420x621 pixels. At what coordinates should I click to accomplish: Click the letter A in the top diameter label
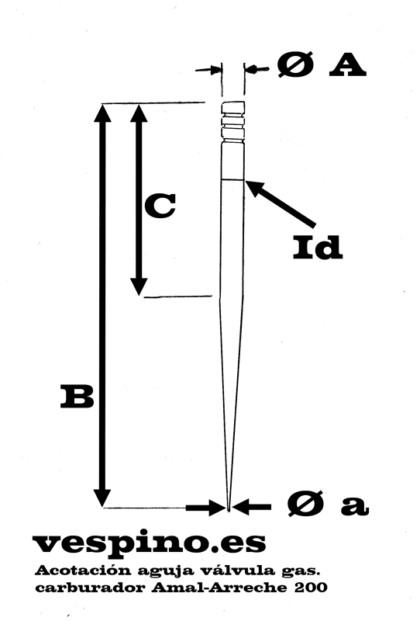pyautogui.click(x=348, y=65)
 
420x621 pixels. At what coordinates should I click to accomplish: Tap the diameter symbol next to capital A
pyautogui.click(x=295, y=64)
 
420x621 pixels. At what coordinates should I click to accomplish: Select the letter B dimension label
pyautogui.click(x=77, y=397)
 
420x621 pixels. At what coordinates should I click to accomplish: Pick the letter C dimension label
pyautogui.click(x=160, y=206)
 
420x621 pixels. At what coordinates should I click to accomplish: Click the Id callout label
pyautogui.click(x=317, y=248)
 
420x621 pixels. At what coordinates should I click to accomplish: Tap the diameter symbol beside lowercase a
pyautogui.click(x=305, y=504)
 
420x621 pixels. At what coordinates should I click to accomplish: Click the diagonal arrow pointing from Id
pyautogui.click(x=281, y=203)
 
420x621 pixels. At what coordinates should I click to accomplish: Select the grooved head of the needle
pyautogui.click(x=233, y=122)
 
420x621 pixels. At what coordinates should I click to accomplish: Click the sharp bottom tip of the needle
pyautogui.click(x=229, y=511)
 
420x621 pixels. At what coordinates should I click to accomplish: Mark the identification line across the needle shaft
pyautogui.click(x=232, y=180)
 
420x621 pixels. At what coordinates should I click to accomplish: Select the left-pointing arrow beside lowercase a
pyautogui.click(x=252, y=507)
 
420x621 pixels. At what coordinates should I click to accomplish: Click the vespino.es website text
pyautogui.click(x=149, y=544)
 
